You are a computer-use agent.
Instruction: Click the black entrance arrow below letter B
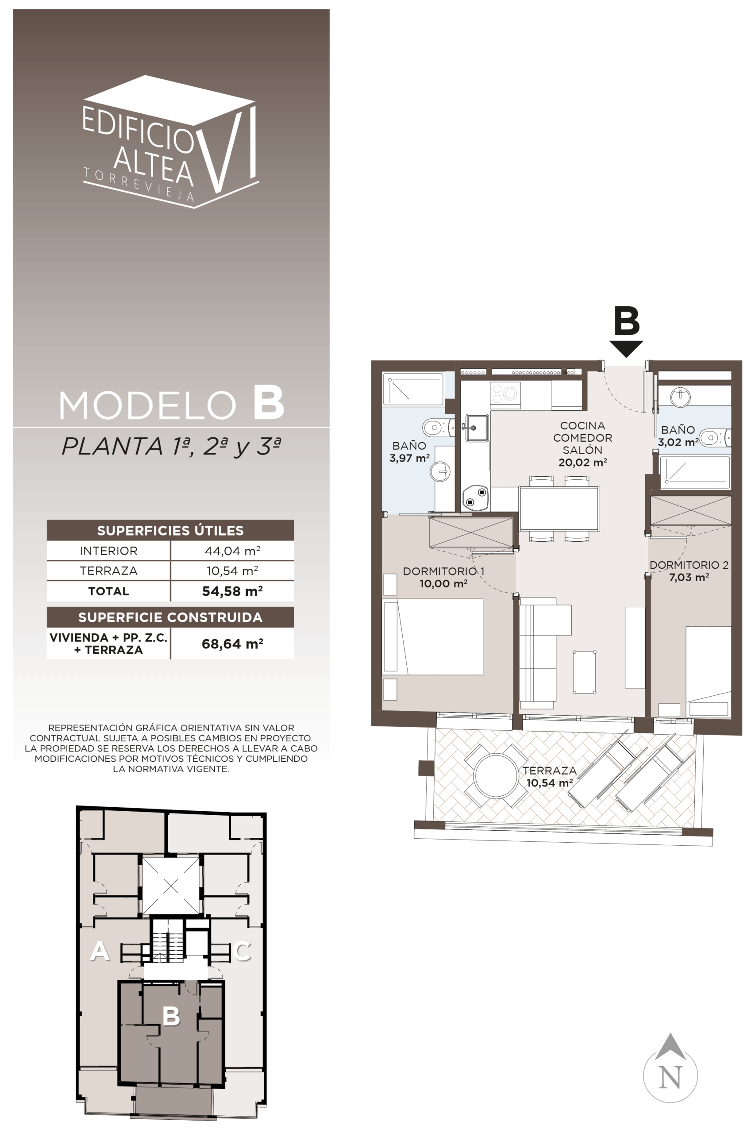coord(626,348)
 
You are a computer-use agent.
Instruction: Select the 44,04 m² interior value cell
coord(232,551)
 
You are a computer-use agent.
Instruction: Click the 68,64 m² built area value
coord(232,644)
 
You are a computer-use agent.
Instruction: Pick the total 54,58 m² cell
coord(232,591)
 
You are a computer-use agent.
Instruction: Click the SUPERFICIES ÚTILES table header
coord(170,530)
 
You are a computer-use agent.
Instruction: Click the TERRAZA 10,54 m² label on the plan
coord(549,777)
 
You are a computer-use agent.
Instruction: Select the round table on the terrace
coord(496,775)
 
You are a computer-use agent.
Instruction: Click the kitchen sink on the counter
coord(477,428)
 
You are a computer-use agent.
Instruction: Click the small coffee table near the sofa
coord(585,672)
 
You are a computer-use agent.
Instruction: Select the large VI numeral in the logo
coord(227,149)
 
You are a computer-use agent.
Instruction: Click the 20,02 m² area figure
coord(582,462)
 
